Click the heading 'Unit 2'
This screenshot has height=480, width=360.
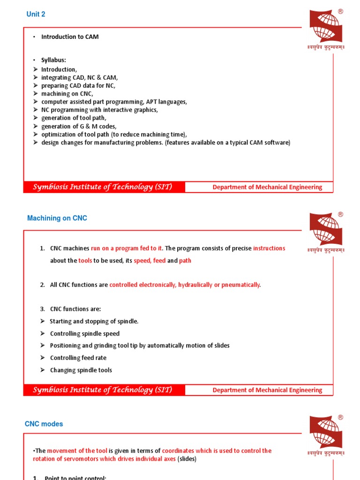[x=36, y=15]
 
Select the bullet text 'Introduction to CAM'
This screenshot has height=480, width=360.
[x=70, y=37]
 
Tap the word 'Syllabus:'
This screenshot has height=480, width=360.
[x=54, y=61]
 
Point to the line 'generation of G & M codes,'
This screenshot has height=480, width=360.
[x=79, y=126]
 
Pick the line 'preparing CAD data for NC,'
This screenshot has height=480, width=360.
[x=78, y=86]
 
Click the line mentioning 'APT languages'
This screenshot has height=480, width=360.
[x=114, y=102]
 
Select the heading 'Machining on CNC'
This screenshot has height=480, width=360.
[x=57, y=218]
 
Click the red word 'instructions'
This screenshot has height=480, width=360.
[x=269, y=248]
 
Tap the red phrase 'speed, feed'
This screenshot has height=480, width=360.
[x=150, y=261]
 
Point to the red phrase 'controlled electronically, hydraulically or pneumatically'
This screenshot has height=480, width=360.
[x=185, y=285]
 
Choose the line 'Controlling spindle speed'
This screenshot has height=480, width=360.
[x=85, y=334]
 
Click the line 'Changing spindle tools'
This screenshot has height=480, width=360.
[x=81, y=370]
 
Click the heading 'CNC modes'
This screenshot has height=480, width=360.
[x=44, y=424]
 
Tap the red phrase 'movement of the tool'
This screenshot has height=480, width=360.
[x=77, y=451]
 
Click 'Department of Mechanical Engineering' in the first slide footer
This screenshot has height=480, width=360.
[x=267, y=187]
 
